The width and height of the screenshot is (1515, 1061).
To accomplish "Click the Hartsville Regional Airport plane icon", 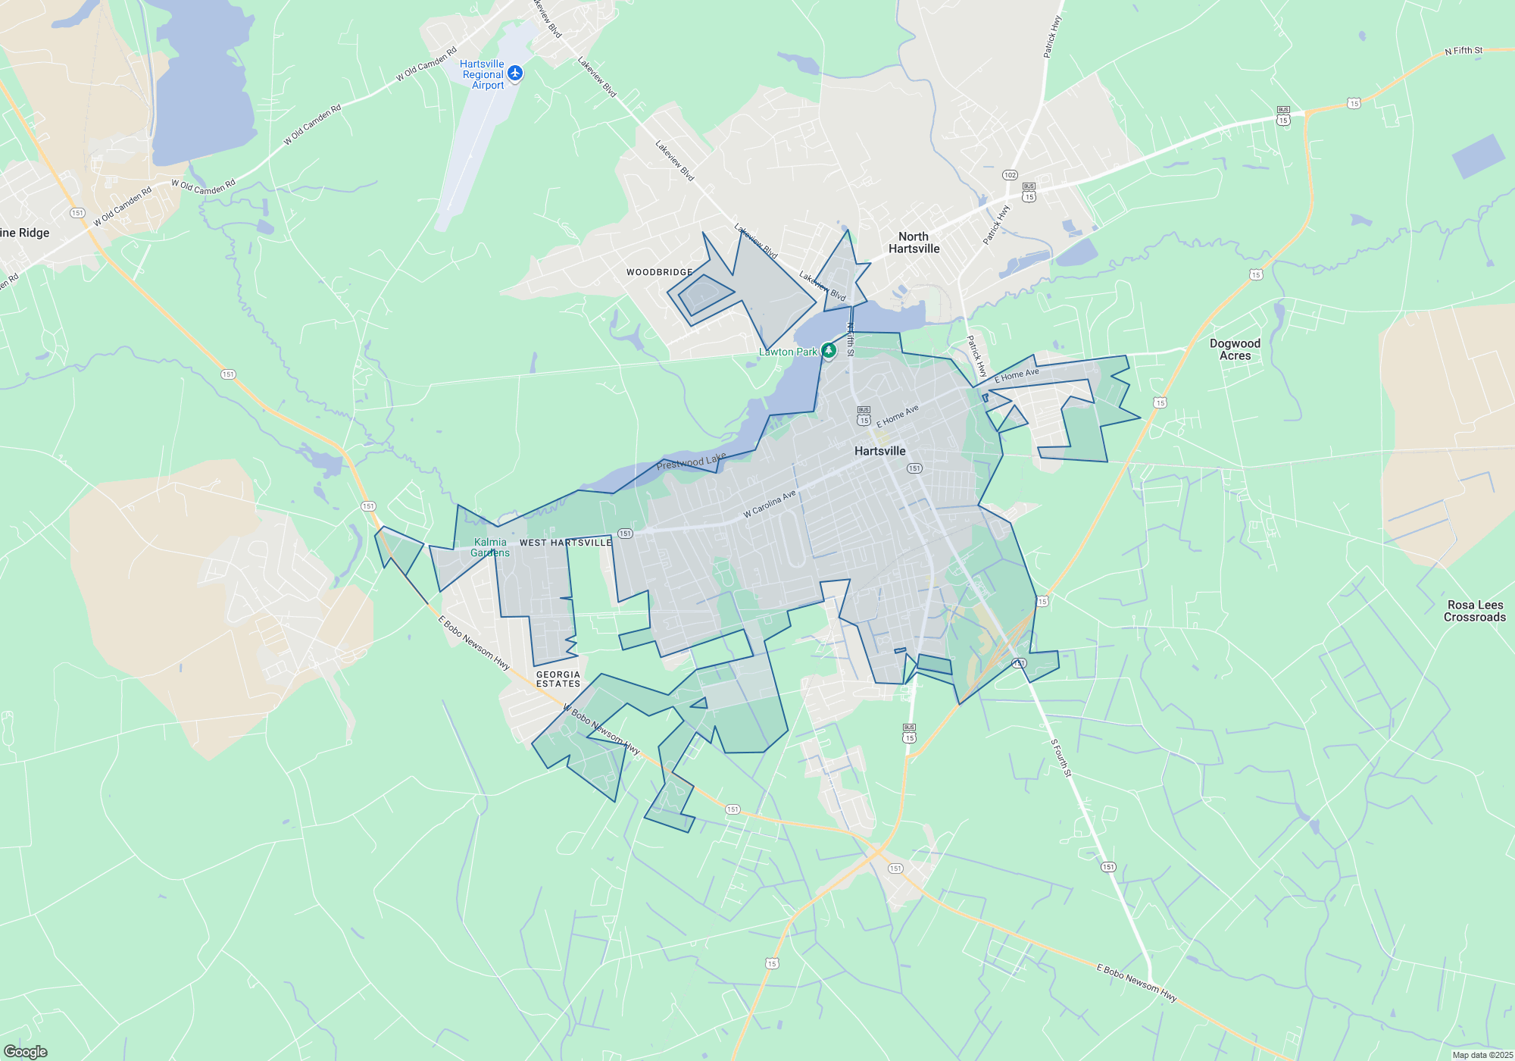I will tap(515, 73).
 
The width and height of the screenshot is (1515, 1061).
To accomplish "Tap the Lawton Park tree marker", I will tap(829, 350).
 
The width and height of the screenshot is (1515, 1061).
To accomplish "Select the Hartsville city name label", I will tap(879, 451).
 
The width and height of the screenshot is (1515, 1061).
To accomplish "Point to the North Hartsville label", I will tap(914, 243).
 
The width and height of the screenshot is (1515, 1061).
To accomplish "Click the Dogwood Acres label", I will tap(1235, 349).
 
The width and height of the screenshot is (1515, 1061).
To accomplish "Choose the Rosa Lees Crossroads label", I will tap(1474, 611).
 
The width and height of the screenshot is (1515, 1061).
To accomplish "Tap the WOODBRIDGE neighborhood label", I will tap(659, 272).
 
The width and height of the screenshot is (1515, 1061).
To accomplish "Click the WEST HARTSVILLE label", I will tap(565, 543).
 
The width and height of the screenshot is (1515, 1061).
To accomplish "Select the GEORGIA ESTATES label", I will tap(558, 679).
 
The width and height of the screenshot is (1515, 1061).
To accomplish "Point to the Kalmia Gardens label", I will tap(490, 547).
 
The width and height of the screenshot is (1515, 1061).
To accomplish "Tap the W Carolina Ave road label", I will tap(769, 504).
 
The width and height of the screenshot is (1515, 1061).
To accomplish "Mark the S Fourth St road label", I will tap(1060, 759).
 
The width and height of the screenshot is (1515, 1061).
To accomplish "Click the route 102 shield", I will tap(1010, 175).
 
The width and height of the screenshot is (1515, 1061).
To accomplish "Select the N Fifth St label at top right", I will tap(1463, 51).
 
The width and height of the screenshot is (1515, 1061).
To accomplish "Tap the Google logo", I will tap(26, 1052).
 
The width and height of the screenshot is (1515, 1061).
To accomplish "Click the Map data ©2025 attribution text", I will tap(1482, 1055).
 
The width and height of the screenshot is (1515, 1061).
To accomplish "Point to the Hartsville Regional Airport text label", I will tap(483, 74).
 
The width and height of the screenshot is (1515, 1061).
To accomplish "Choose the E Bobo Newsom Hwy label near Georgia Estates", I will tap(473, 642).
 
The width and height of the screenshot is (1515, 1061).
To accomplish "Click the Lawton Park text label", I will tap(788, 352).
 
